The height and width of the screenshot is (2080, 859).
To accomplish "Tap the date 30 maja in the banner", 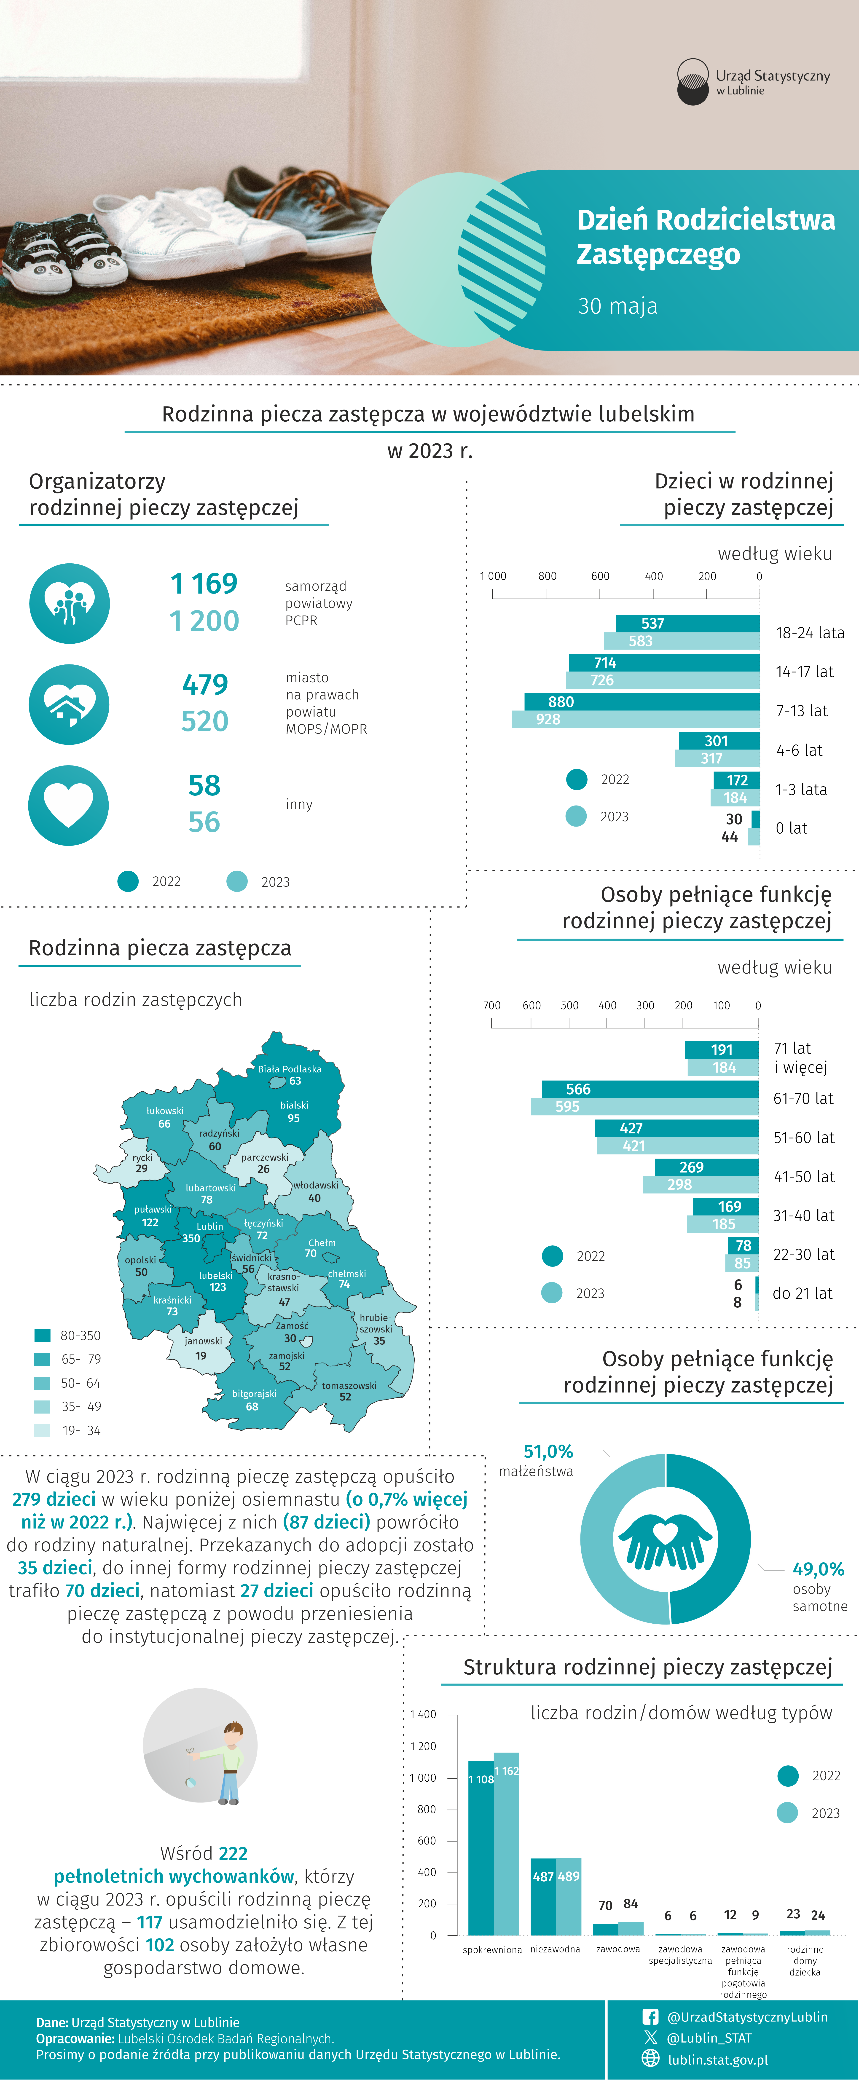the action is point(618,306).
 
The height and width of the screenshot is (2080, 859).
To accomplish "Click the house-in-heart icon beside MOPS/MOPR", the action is point(69,704).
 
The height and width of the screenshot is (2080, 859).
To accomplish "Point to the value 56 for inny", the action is point(204,822).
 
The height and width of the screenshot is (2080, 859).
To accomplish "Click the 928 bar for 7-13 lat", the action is point(635,719).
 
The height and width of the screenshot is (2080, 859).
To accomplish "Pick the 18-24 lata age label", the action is point(810,632).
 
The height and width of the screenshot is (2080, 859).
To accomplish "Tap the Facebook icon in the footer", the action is point(651,2016).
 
